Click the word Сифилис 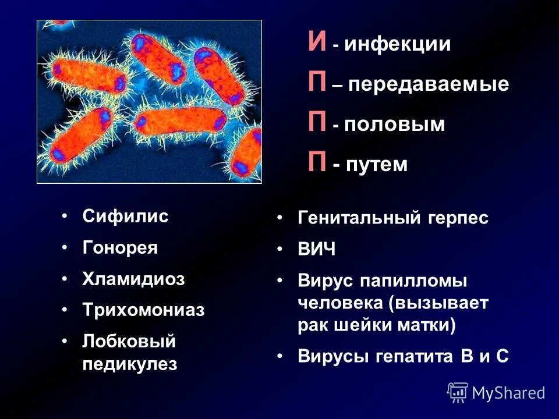point(125,217)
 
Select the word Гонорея point(120,248)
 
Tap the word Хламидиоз point(133,279)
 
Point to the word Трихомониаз point(143,310)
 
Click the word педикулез point(129,365)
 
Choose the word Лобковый point(129,341)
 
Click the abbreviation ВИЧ point(317,250)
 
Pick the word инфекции point(397,45)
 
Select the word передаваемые point(429,85)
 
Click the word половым point(394,125)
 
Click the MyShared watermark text point(508,393)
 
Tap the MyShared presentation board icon point(458,392)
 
